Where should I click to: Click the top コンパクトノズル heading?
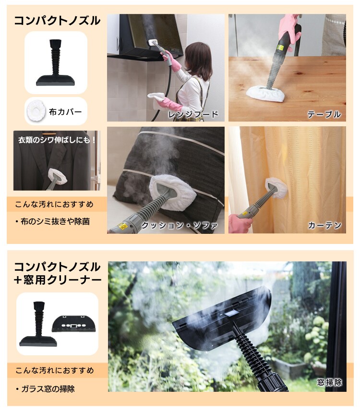tap(57, 21)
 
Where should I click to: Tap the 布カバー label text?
tap(65, 112)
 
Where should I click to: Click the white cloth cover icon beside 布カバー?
tap(37, 111)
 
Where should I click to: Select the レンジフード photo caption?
tap(193, 114)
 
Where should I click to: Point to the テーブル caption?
tap(324, 114)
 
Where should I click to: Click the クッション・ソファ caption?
tap(180, 225)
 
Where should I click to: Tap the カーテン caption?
tap(324, 225)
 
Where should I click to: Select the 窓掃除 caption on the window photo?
tap(330, 382)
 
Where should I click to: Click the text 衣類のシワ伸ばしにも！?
tap(57, 140)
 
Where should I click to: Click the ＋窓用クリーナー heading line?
tap(58, 280)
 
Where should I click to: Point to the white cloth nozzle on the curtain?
tap(276, 187)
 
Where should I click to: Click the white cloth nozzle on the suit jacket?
tap(57, 176)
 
